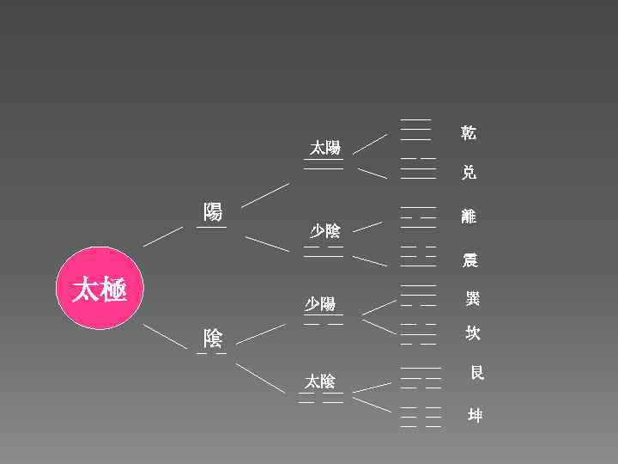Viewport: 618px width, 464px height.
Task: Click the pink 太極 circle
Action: [x=99, y=289]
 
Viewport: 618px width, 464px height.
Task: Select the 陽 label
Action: [x=212, y=211]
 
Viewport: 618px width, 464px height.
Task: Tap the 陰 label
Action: [x=212, y=337]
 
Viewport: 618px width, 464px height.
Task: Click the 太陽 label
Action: [x=324, y=148]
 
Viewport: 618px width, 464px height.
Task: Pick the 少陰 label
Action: [x=324, y=230]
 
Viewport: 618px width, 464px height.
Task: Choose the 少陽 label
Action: [x=320, y=304]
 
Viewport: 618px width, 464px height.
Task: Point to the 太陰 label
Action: [x=320, y=382]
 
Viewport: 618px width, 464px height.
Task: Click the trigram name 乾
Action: [x=469, y=132]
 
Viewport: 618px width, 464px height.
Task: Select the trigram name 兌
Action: [x=469, y=172]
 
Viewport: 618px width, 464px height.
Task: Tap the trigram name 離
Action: [x=469, y=217]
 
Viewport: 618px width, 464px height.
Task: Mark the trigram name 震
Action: [x=470, y=259]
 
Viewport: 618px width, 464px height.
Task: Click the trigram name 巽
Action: [x=472, y=299]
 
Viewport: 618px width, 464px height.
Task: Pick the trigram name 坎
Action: [x=472, y=333]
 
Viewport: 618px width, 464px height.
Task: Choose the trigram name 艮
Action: [x=477, y=372]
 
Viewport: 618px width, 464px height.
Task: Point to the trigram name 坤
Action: [x=475, y=416]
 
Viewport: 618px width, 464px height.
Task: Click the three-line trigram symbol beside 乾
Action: [x=416, y=129]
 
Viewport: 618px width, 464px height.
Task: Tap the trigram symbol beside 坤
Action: [x=421, y=416]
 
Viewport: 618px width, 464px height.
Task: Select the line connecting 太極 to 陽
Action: [x=163, y=236]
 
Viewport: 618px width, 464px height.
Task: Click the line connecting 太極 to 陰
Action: [x=164, y=335]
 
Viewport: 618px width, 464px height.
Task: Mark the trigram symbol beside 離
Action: [x=418, y=217]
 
